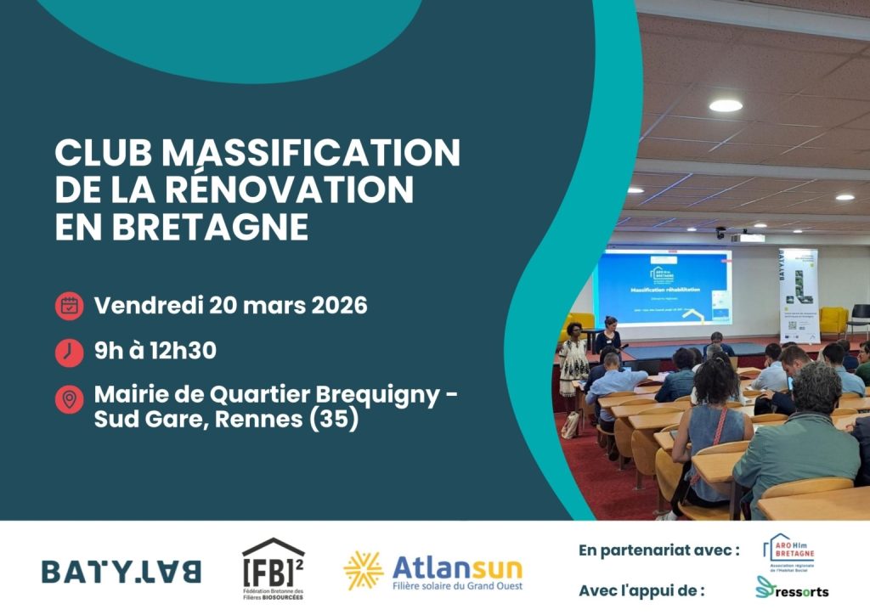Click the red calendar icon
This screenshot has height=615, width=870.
point(69,306)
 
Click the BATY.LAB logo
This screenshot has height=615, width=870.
point(121,571)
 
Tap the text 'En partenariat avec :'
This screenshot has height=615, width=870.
point(658,550)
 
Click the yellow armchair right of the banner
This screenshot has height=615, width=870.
point(833,321)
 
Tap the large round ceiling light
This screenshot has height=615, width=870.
point(726,105)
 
